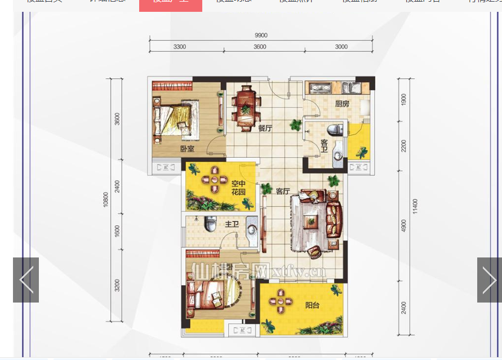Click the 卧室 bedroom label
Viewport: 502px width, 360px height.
click(188, 149)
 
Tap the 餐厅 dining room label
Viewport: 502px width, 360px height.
click(265, 128)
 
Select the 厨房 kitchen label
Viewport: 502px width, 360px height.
click(342, 104)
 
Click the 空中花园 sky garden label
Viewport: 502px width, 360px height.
click(238, 188)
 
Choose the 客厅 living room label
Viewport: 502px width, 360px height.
click(282, 191)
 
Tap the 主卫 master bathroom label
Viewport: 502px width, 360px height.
click(232, 224)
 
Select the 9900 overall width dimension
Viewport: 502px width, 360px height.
click(261, 35)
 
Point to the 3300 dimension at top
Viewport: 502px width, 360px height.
click(180, 47)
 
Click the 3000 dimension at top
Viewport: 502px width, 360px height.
click(341, 47)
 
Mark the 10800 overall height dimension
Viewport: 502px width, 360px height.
click(105, 200)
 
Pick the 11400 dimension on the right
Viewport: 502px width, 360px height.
click(415, 206)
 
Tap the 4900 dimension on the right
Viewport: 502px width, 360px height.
click(403, 225)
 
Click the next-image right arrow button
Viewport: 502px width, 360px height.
click(489, 280)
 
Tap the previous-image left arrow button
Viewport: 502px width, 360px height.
click(26, 280)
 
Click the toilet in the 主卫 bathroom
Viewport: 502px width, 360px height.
click(211, 224)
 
